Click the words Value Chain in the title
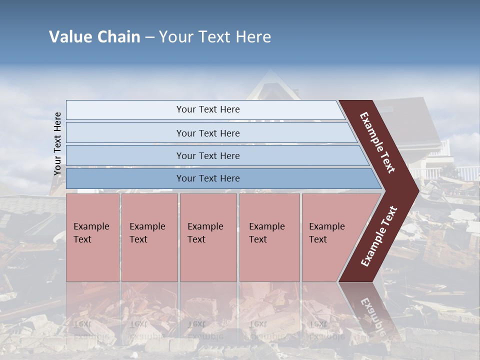pos(94,37)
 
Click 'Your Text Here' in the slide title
pos(215,37)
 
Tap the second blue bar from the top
pos(208,133)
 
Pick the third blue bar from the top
pos(208,155)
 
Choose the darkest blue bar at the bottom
pos(208,178)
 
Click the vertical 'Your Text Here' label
pos(57,144)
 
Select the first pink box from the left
pos(92,237)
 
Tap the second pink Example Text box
pos(149,237)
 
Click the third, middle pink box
pos(208,237)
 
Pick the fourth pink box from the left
pos(269,237)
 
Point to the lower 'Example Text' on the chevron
pos(379,236)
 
